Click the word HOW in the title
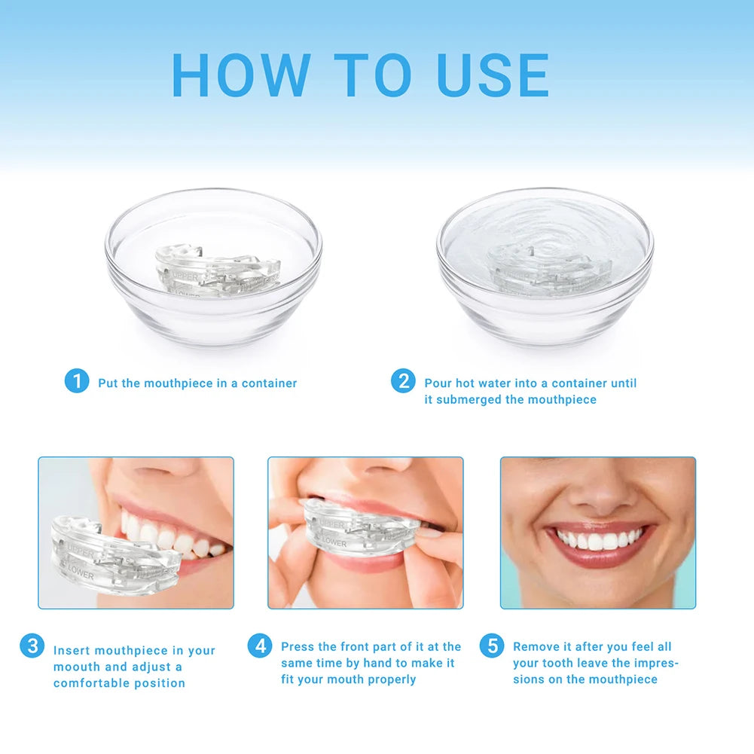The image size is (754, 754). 241,75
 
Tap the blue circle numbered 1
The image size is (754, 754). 77,381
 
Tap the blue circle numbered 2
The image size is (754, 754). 404,381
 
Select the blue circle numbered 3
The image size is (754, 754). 32,646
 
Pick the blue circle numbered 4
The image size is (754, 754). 260,646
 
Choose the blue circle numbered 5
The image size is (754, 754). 492,646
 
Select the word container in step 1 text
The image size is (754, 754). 269,383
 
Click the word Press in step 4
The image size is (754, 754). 298,646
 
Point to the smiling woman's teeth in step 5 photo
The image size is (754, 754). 599,540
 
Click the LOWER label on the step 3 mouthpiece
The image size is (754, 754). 80,575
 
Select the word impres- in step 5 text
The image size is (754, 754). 656,663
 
